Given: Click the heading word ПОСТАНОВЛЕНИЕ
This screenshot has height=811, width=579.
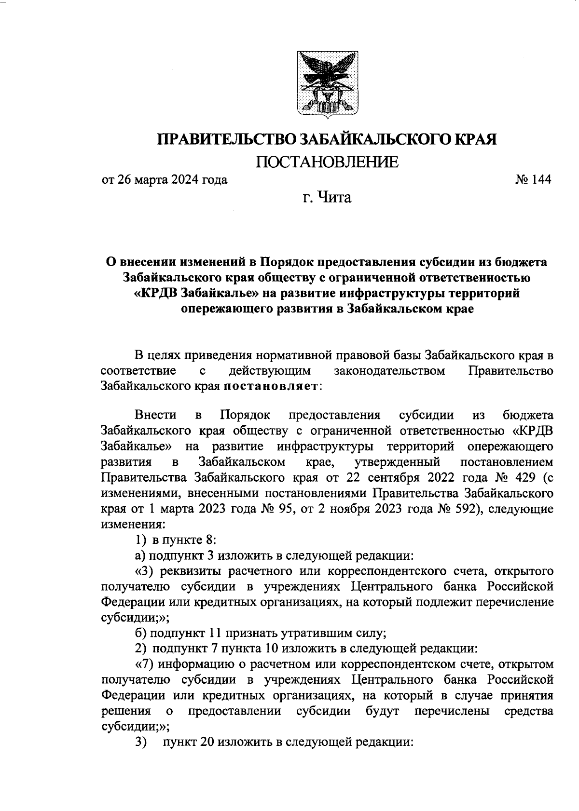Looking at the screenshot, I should (327, 162).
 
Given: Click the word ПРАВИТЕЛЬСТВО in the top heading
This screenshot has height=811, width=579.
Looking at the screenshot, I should (226, 139).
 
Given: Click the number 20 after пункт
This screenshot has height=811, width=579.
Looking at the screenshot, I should (207, 743).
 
